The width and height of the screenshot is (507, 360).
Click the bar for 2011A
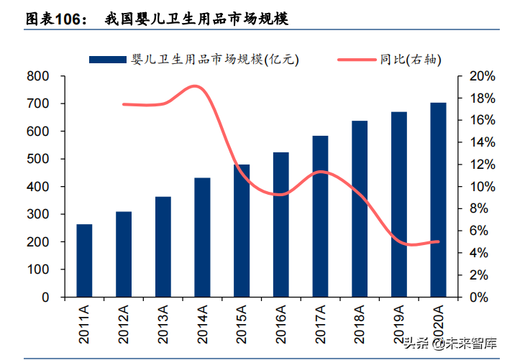pos(84,260)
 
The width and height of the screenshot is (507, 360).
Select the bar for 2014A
pos(202,237)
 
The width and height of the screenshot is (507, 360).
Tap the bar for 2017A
pos(320,216)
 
